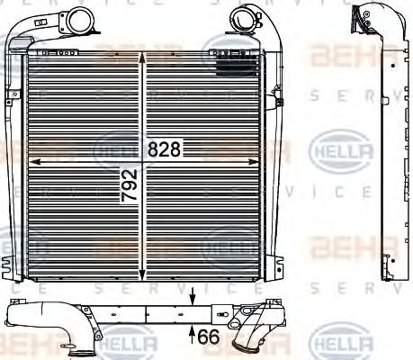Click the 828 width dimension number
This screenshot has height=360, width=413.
click(x=164, y=150)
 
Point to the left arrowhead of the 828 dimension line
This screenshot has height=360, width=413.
click(x=33, y=160)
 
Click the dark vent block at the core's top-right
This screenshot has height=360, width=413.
click(x=241, y=64)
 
